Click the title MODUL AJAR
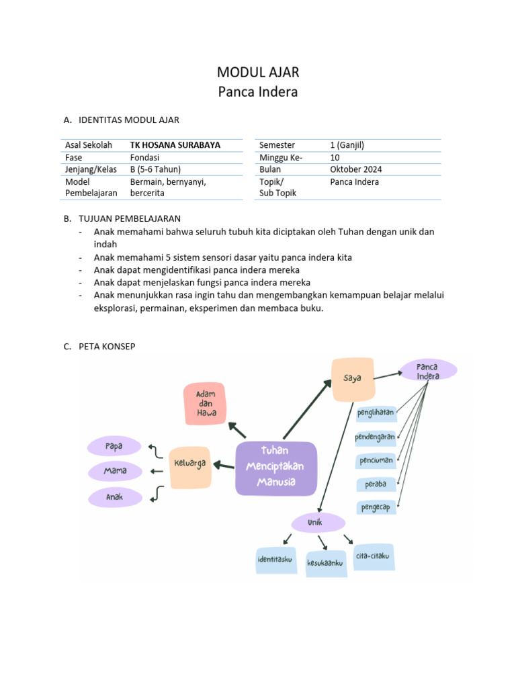[x=258, y=73]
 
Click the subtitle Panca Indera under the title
[x=258, y=92]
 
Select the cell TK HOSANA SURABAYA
[x=175, y=145]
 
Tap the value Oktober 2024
[x=355, y=169]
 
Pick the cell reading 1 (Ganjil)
[x=347, y=145]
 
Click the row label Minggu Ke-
[x=281, y=157]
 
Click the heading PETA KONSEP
[x=107, y=347]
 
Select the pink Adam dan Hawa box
[x=206, y=403]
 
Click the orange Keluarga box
[x=190, y=464]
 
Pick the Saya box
[x=352, y=379]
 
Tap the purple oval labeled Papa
[x=114, y=446]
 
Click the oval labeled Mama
[x=115, y=471]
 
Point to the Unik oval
[x=318, y=522]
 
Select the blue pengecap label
[x=376, y=507]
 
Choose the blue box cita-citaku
[x=372, y=556]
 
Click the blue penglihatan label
[x=376, y=412]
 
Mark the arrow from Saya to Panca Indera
[x=386, y=375]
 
